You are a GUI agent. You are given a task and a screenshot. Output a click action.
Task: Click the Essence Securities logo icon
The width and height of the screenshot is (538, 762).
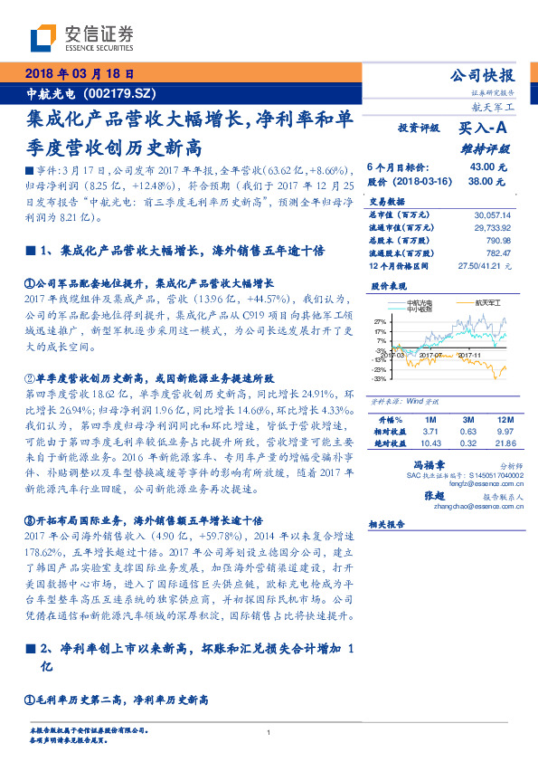pos(44,39)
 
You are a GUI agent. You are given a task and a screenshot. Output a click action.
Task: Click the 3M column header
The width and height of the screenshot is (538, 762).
pos(468,421)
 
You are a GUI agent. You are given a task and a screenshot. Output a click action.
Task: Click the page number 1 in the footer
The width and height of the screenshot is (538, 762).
pos(269,733)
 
